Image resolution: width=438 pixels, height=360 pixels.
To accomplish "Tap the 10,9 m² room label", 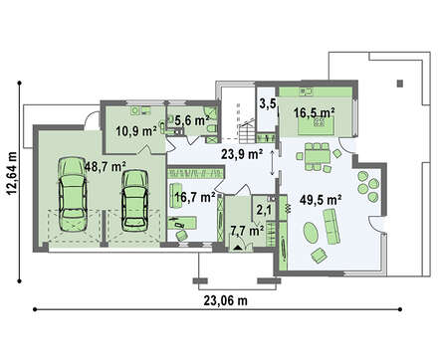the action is (136, 131).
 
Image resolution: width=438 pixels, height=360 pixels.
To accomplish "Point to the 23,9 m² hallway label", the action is (242, 153).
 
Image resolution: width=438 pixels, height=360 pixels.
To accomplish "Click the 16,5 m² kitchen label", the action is (314, 112).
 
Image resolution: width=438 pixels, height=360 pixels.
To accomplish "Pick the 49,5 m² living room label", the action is (321, 200).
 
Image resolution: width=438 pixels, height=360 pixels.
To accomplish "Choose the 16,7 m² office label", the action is (195, 197).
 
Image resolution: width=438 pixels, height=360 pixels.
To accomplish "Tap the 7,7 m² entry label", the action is (247, 230).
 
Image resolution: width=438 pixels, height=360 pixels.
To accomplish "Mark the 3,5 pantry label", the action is (268, 104).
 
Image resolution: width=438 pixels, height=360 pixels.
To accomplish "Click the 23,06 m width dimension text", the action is (225, 300).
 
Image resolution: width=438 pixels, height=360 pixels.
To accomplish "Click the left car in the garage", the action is (73, 194).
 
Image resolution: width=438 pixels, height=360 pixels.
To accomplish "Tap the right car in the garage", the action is (134, 201).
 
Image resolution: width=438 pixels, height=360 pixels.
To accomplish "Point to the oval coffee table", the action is (311, 232).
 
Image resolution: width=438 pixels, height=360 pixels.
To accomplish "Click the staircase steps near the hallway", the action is (247, 131).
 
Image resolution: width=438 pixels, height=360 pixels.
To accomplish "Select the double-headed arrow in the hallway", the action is (273, 162).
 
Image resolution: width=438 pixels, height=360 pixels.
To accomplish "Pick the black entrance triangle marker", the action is (238, 248).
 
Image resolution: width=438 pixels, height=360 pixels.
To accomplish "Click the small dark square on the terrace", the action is (400, 83).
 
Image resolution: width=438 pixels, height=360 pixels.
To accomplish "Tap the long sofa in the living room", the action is (331, 227).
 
